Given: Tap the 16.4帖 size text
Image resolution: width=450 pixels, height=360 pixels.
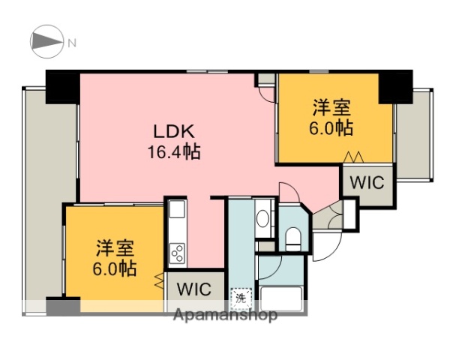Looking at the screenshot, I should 173,152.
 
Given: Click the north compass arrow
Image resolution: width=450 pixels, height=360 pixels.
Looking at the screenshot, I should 47,43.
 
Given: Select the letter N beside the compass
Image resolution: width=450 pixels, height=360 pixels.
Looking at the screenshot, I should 73,43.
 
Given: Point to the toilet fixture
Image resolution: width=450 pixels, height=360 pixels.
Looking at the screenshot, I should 294,239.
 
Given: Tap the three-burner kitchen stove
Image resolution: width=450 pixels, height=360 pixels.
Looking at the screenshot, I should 178,253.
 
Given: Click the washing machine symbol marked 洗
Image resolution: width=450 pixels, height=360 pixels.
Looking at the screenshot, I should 240,298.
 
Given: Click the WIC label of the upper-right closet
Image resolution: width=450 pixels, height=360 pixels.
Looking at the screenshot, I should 367,181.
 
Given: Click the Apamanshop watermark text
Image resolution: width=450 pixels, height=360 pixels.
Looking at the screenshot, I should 225,315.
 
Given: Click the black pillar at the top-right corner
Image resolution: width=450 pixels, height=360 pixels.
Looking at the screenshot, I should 395,86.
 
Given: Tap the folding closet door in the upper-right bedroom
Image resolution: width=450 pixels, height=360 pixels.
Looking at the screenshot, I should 353,157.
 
